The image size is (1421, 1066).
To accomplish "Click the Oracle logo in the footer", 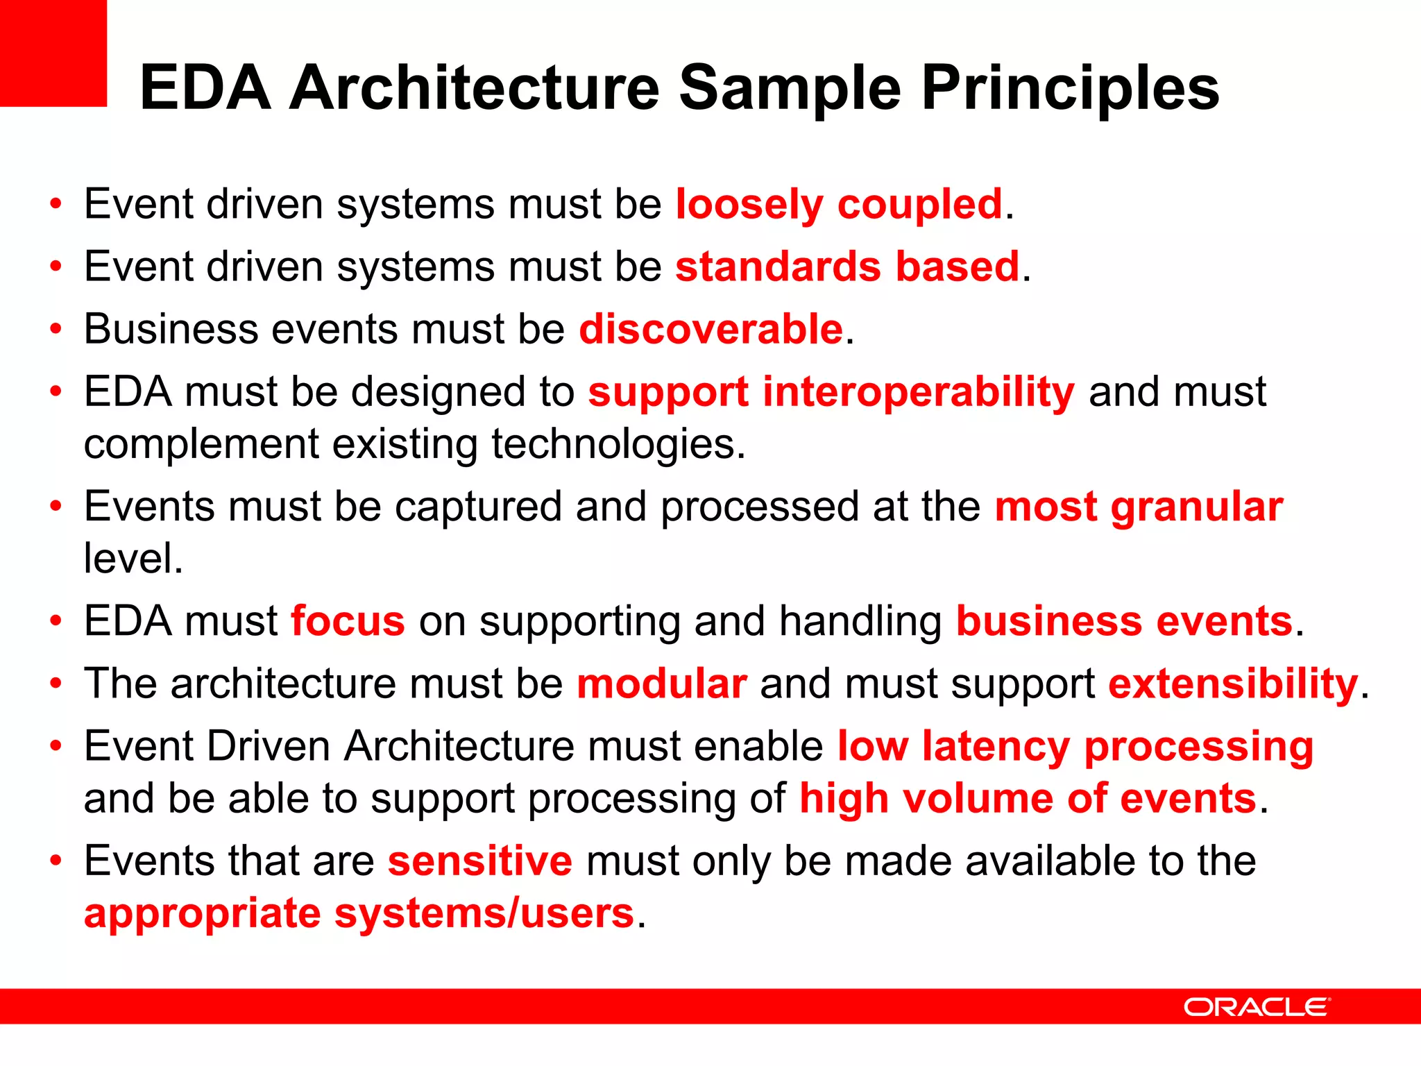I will click(1257, 1007).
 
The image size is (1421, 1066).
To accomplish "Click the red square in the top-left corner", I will click(53, 53).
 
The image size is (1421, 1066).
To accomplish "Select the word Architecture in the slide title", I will click(474, 88).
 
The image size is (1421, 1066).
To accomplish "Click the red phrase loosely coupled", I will click(839, 205).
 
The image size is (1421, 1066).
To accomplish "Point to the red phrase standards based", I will click(847, 267).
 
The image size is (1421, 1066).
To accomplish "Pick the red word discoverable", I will click(710, 329).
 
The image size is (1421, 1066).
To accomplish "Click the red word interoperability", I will click(918, 392).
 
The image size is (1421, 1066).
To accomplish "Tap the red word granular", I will click(1197, 507).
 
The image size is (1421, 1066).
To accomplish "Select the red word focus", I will click(348, 621).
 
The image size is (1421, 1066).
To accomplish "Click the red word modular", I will click(662, 684).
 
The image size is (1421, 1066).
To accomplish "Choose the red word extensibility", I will click(1232, 684).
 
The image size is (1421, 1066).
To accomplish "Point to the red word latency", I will click(995, 747).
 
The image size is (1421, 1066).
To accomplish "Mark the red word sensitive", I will click(480, 861).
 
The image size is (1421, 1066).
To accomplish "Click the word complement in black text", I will click(201, 445).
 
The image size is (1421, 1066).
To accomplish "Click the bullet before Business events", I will click(56, 330).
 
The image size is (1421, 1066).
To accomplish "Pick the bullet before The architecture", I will click(56, 684).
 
